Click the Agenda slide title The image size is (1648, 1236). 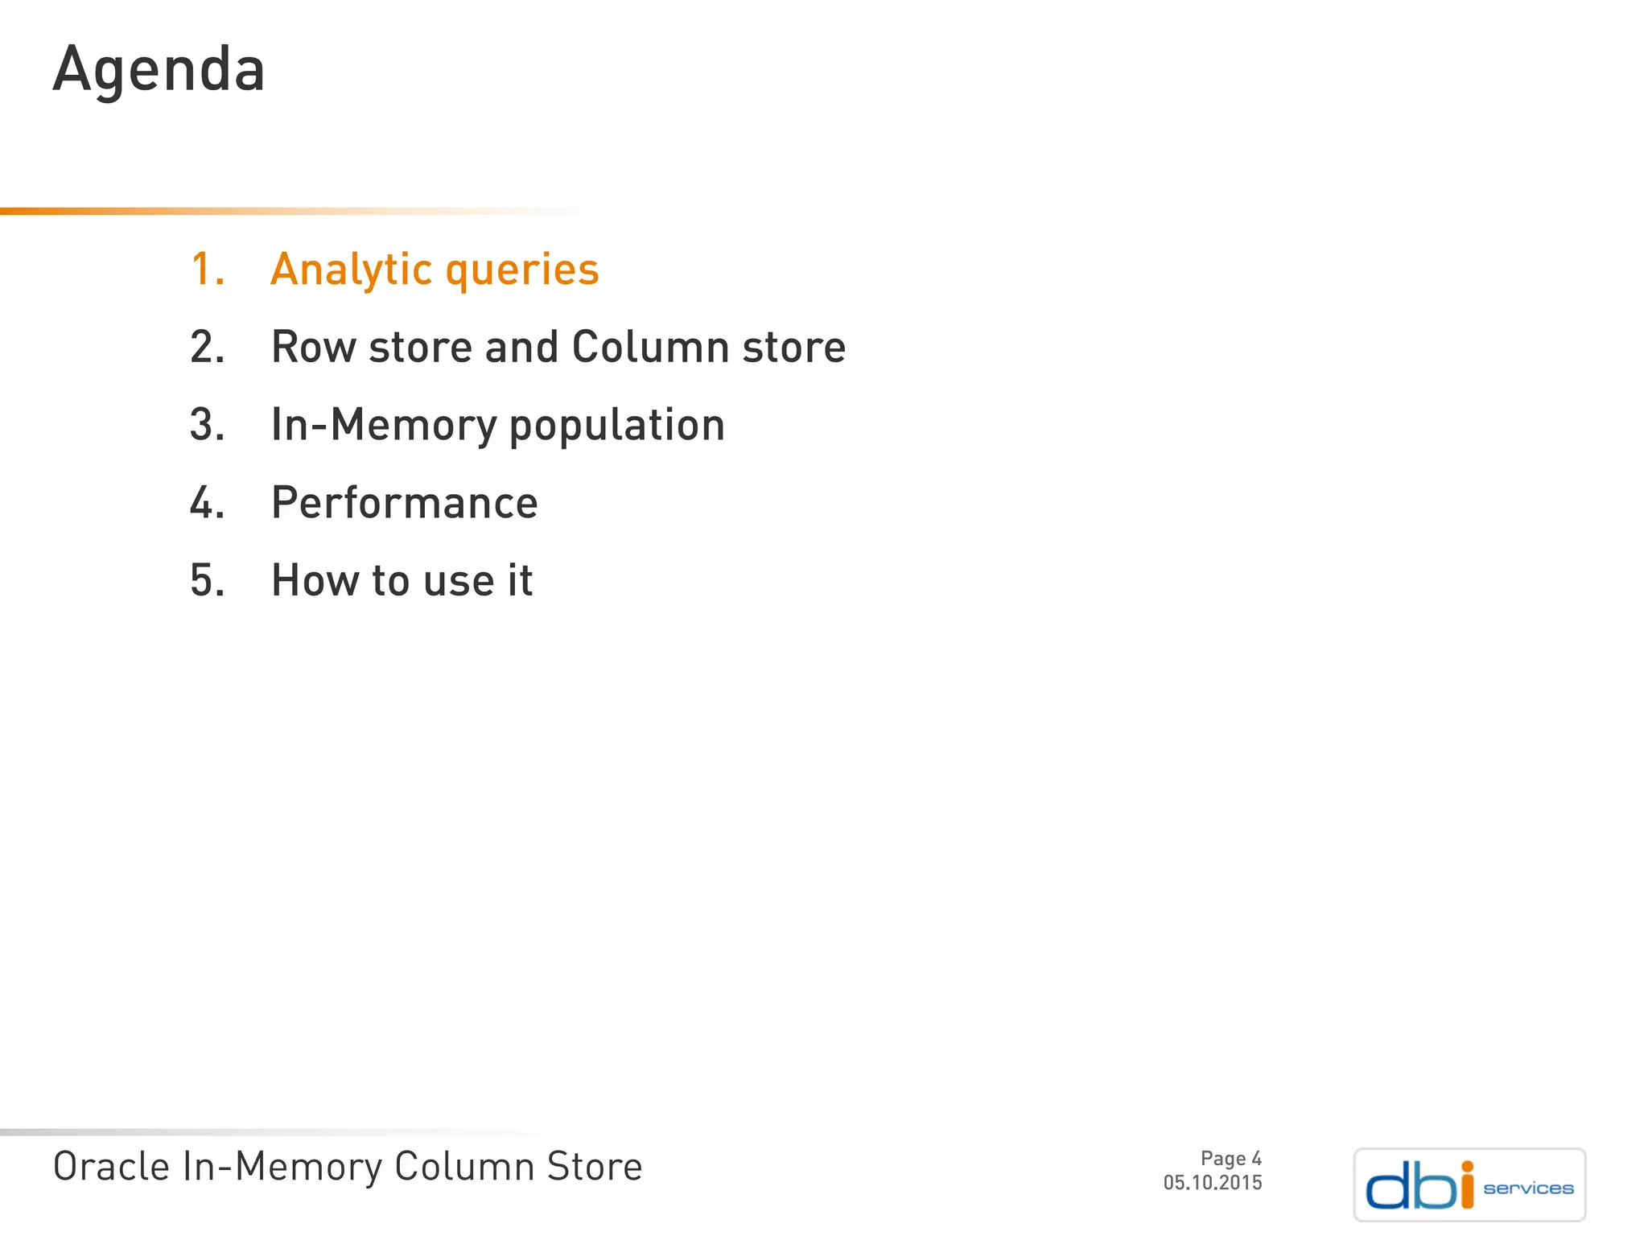(x=159, y=70)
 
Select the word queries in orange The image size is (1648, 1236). (x=522, y=271)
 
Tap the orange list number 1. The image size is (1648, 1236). (x=207, y=269)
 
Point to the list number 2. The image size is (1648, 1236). (x=207, y=347)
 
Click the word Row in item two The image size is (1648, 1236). (x=313, y=347)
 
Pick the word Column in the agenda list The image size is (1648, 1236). (x=650, y=347)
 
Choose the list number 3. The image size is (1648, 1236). (x=207, y=425)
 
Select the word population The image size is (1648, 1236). (x=617, y=426)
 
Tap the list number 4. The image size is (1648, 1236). (x=207, y=503)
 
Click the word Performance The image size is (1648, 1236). (x=404, y=503)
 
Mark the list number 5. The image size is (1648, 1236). (x=207, y=580)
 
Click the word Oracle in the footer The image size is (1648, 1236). (x=111, y=1167)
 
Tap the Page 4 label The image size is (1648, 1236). (x=1230, y=1159)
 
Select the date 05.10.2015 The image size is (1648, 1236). (x=1212, y=1183)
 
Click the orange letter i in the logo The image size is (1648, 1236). (x=1467, y=1185)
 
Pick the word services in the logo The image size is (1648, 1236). (x=1528, y=1189)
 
